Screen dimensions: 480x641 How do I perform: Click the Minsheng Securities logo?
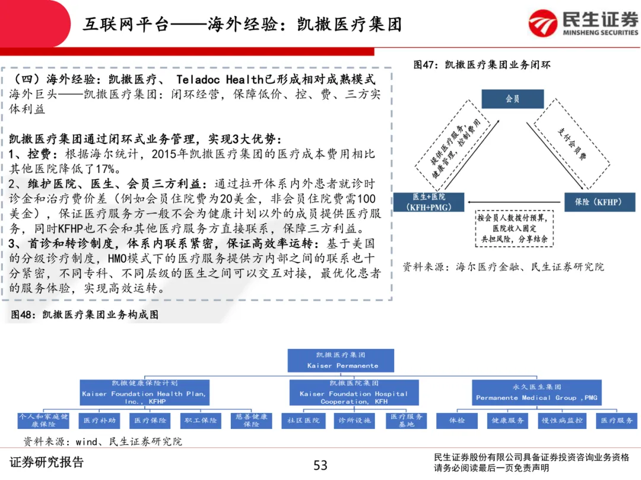coord(584,24)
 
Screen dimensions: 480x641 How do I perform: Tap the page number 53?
coord(320,465)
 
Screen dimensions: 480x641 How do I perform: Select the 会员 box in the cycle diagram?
coord(512,99)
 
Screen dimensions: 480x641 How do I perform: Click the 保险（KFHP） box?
coord(598,202)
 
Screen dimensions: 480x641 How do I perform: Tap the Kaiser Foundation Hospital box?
coord(354,393)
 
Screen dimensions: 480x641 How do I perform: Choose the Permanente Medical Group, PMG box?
coord(537,393)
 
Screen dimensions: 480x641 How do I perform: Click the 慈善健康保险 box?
coord(251,420)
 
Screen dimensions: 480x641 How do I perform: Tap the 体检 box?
coord(456,420)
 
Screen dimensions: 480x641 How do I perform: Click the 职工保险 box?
coord(201,420)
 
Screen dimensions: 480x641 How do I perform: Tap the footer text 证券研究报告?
coord(47,462)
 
